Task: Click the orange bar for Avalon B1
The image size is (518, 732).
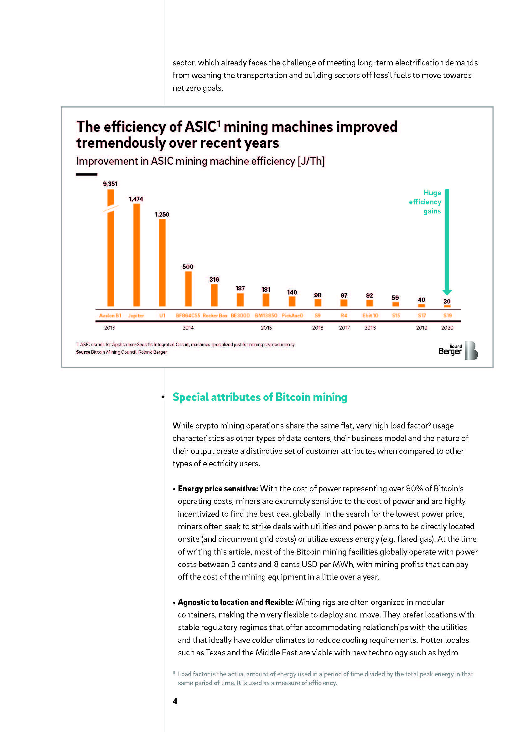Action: point(110,255)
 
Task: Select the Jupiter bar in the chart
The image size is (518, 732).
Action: point(137,255)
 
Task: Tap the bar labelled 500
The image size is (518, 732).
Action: point(188,289)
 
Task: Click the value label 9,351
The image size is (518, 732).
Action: point(110,184)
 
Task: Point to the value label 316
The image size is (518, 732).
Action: point(214,279)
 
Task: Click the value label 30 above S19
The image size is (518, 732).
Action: point(447,301)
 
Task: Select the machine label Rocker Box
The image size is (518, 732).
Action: point(215,316)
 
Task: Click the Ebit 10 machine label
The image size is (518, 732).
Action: point(370,316)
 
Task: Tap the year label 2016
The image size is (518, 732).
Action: point(318,328)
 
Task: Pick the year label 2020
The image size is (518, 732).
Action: point(447,328)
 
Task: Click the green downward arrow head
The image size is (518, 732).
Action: point(447,292)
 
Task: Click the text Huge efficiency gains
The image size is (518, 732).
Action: point(426,202)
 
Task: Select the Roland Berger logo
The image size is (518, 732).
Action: point(458,351)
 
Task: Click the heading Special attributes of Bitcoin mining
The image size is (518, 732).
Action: point(260,397)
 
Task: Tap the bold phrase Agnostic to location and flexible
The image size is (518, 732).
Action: point(236,602)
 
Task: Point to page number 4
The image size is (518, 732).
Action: point(175,701)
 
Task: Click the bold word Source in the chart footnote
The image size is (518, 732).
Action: point(83,352)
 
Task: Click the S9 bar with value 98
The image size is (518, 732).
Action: point(318,303)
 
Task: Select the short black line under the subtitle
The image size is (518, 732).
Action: point(86,174)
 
